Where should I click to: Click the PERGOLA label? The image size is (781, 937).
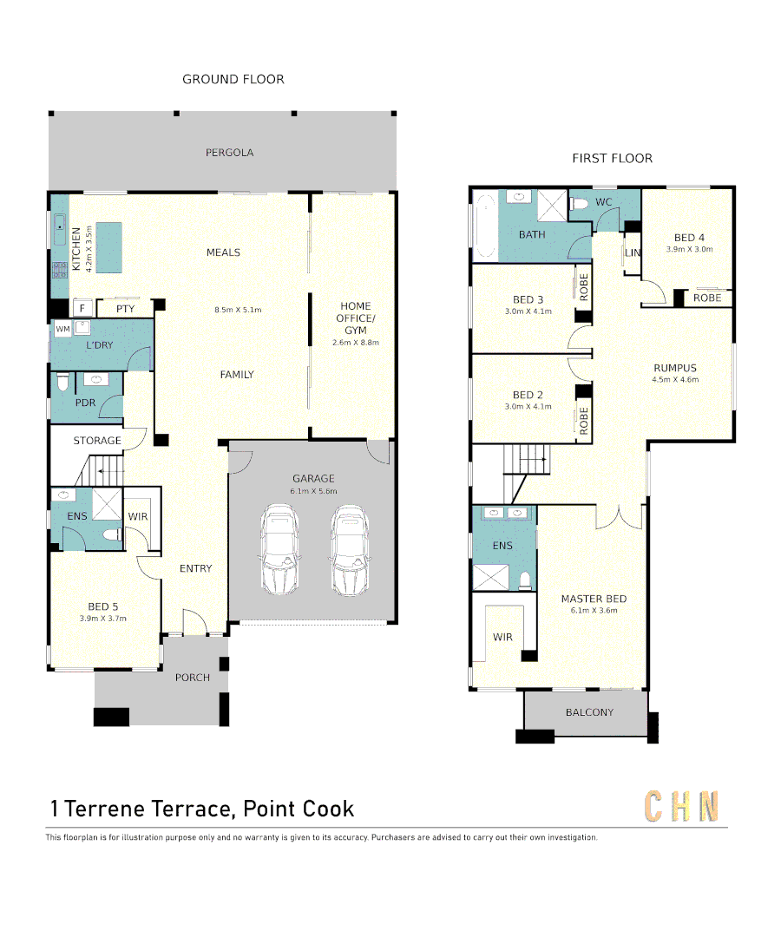coord(229,153)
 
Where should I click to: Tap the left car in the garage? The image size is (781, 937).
coord(280,551)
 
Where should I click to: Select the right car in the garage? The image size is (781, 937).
coord(349,551)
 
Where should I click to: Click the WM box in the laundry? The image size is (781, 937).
coord(62,330)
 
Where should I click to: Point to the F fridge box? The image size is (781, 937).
coord(82,308)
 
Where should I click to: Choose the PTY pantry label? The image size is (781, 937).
coord(125,308)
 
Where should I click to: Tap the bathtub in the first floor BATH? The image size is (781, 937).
coord(484,226)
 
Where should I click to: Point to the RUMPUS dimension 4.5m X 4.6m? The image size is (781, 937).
coord(674,380)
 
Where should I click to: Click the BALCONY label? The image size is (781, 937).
coord(589,712)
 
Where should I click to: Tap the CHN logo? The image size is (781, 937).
coord(681,807)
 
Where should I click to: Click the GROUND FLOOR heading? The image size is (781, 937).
coord(233,79)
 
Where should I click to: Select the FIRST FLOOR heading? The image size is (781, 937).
coord(612,158)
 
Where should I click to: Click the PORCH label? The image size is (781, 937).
coord(193,677)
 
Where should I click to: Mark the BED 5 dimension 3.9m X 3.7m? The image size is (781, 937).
coord(102,619)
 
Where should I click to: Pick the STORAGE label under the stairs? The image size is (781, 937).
coord(97,441)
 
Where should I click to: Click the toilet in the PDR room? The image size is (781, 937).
coord(62,383)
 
